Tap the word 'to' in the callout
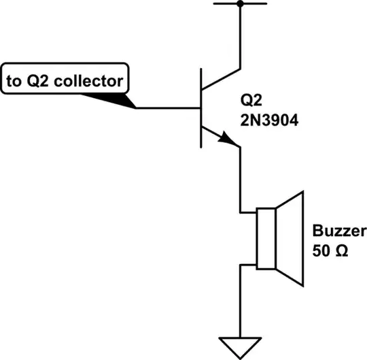pyautogui.click(x=14, y=81)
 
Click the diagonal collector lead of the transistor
pyautogui.click(x=222, y=78)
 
